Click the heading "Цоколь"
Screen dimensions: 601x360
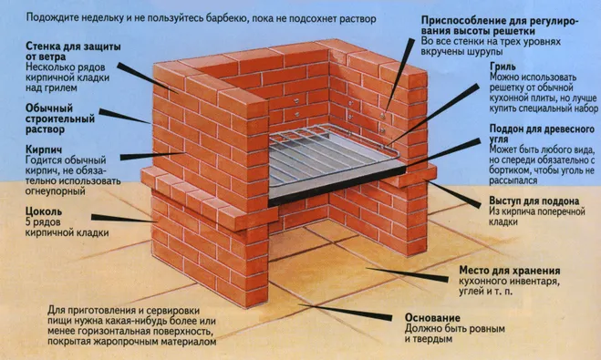tap(44, 211)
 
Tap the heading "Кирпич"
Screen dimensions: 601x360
tap(43, 149)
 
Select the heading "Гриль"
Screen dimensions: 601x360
tap(503, 67)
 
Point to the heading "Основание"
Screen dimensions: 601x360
tap(432, 318)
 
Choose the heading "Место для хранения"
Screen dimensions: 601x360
tap(510, 271)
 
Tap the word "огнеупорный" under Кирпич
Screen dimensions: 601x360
tap(56, 190)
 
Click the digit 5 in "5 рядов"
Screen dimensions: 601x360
tap(28, 221)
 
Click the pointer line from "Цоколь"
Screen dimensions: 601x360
tap(124, 219)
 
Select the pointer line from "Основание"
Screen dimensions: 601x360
tap(346, 312)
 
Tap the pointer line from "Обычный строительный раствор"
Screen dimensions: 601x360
tap(125, 117)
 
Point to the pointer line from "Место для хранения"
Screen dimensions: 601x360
tap(407, 274)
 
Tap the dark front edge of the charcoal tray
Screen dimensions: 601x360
tap(337, 186)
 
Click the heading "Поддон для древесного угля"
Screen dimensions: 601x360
tap(542, 134)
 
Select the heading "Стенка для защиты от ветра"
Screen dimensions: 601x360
tap(73, 51)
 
